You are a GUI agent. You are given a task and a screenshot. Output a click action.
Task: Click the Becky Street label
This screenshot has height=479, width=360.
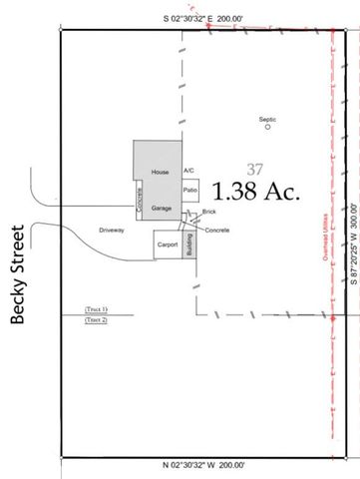[17, 277]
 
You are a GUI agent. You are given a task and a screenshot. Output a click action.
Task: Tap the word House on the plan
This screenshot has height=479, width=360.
[158, 173]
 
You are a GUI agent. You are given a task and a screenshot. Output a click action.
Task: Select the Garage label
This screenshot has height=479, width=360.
[162, 208]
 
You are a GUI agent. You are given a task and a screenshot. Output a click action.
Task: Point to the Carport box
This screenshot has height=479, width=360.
[167, 242]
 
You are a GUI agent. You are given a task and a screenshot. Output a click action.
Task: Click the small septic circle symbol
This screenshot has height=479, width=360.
[267, 127]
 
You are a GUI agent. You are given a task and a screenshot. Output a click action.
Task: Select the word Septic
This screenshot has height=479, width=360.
[267, 118]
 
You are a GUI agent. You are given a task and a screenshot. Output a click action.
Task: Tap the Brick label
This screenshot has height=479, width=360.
[208, 212]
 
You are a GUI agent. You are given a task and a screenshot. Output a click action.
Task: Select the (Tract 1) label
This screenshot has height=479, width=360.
[96, 310]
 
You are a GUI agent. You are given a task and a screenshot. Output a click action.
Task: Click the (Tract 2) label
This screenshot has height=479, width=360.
[96, 320]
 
